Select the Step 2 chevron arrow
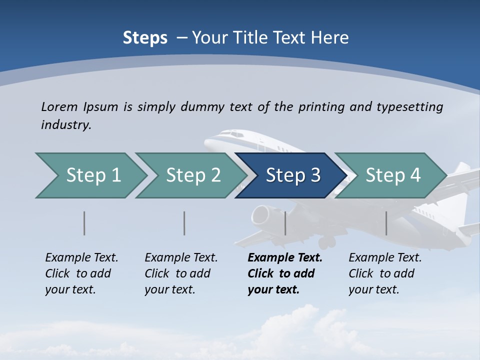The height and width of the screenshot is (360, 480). [192, 175]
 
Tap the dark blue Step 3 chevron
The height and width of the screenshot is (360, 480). [292, 175]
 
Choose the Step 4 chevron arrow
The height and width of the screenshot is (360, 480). [392, 175]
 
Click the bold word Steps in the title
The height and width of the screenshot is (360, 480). [145, 38]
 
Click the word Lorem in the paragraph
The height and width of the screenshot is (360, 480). [59, 106]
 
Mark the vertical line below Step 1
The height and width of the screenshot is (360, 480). [84, 223]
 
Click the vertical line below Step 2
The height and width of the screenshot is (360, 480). [184, 223]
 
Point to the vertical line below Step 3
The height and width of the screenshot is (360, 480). [285, 223]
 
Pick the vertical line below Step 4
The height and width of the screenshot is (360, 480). [386, 223]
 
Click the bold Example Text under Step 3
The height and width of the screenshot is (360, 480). [285, 258]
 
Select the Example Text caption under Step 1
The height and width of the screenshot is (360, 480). [81, 258]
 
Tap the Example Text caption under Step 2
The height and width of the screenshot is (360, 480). [181, 258]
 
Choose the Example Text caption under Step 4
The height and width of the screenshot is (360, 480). [385, 258]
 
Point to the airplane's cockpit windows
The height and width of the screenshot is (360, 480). [230, 134]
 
